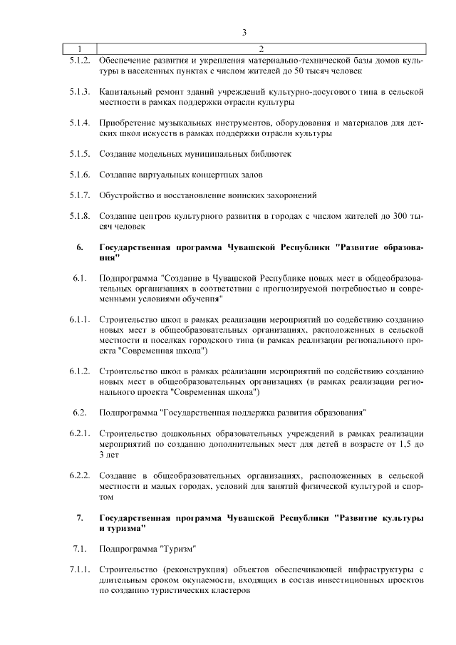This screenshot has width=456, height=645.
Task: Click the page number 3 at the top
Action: (x=244, y=32)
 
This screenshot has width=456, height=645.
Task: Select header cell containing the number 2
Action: (x=261, y=49)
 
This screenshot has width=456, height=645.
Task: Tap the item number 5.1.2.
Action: (x=79, y=61)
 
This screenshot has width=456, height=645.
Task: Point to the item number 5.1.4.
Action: (x=79, y=123)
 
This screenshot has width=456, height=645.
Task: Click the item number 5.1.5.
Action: (x=79, y=154)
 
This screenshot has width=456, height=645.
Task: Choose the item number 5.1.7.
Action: (x=79, y=195)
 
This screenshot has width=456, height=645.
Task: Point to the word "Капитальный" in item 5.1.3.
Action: (x=125, y=92)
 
